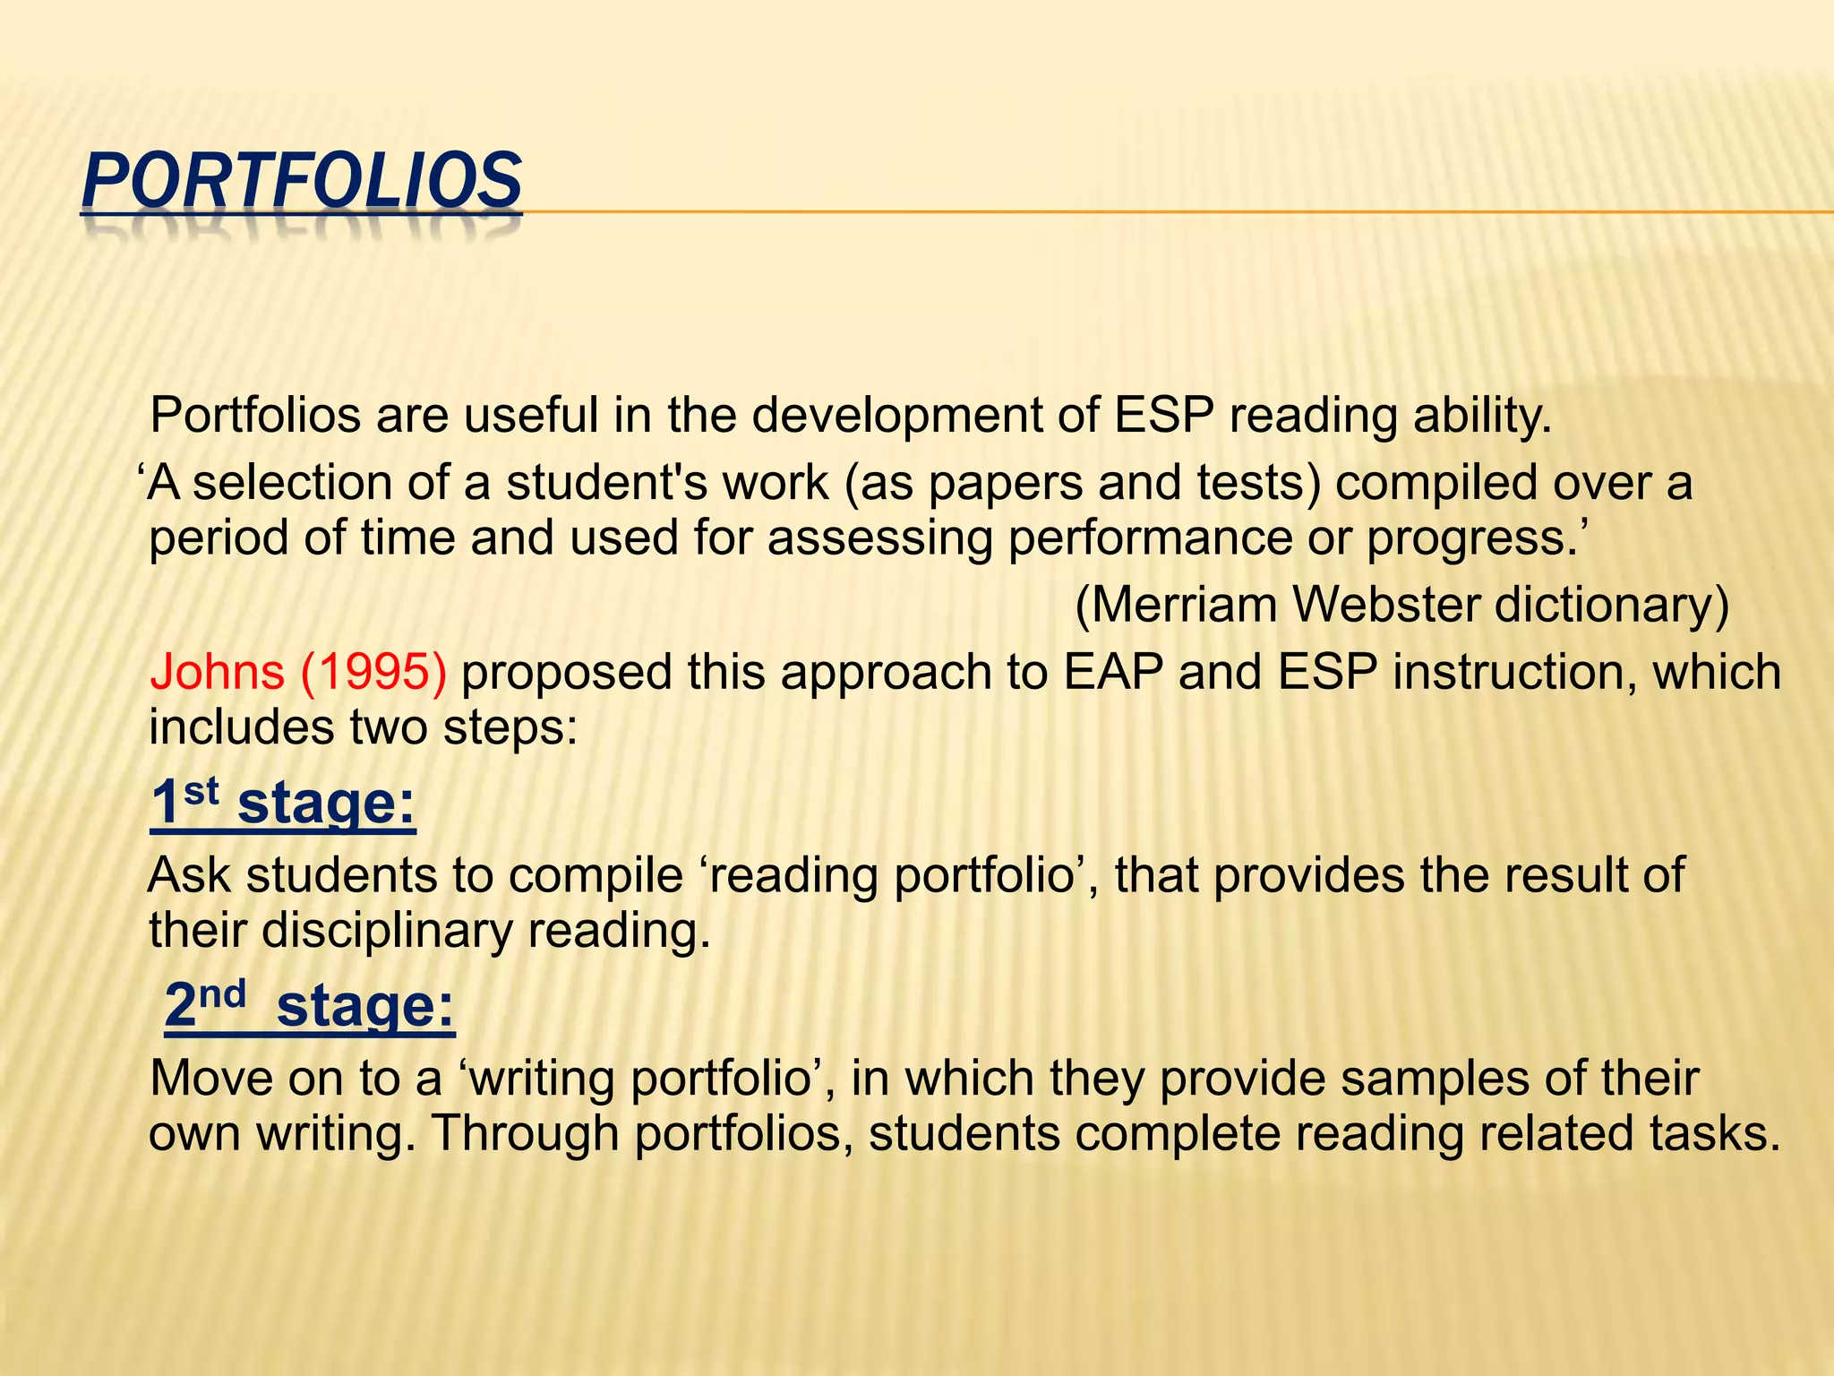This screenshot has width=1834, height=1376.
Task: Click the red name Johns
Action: (216, 672)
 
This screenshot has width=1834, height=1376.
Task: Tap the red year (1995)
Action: (373, 672)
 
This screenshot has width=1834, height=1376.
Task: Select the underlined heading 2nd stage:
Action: (310, 1005)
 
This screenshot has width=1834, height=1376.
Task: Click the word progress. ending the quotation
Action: (1477, 538)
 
